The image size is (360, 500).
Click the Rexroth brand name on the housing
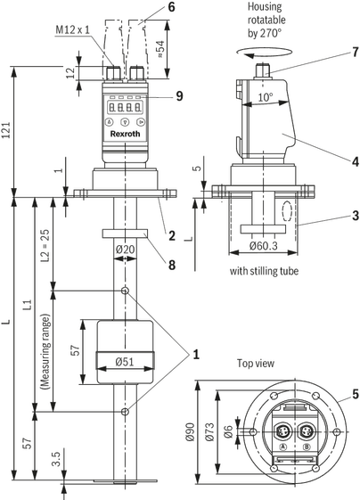pos(125,134)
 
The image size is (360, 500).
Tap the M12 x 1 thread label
pos(73,29)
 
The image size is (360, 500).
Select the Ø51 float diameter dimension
pos(125,362)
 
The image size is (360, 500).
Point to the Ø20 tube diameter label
pos(125,250)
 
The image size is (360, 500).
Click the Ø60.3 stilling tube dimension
pos(264,245)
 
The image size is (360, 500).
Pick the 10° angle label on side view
pos(266,97)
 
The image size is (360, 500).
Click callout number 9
pos(179,95)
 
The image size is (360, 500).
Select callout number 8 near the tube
pos(172,265)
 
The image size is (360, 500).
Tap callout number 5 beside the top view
pos(356,395)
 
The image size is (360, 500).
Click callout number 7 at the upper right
pos(356,52)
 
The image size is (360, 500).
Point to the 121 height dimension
pos(7,130)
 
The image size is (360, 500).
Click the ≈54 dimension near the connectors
pos(160,48)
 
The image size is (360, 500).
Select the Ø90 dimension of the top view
pos(190,431)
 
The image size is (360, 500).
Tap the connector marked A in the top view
pos(282,431)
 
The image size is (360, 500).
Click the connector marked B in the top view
pos(307,431)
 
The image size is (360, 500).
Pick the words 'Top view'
pos(256,364)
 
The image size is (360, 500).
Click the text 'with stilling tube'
pos(264,271)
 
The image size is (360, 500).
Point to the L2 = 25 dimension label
pos(46,245)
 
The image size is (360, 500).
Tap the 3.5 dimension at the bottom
pos(57,459)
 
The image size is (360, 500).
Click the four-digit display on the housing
pos(125,107)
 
